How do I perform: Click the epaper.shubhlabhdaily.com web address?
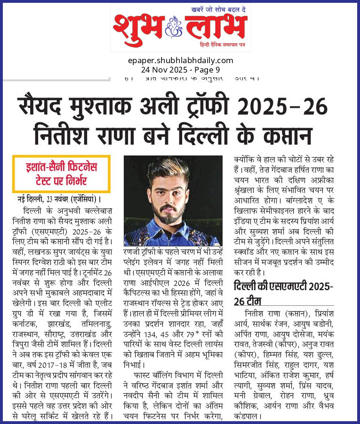tap(180, 60)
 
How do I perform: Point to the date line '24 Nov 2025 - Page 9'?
tap(180, 69)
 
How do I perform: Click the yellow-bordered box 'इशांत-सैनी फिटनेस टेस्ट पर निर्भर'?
tap(61, 174)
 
